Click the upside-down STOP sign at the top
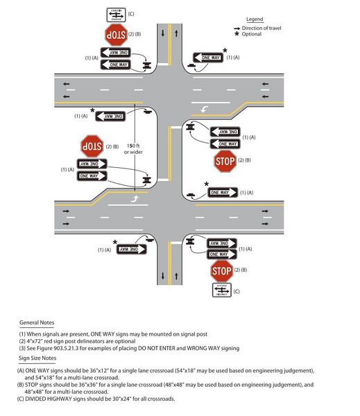(114, 34)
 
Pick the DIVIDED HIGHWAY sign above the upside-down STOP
(115, 13)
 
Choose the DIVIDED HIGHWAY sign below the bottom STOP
(221, 291)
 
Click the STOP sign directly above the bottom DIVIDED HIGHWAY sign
(221, 270)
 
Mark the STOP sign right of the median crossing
(225, 162)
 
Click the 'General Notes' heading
(39, 322)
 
